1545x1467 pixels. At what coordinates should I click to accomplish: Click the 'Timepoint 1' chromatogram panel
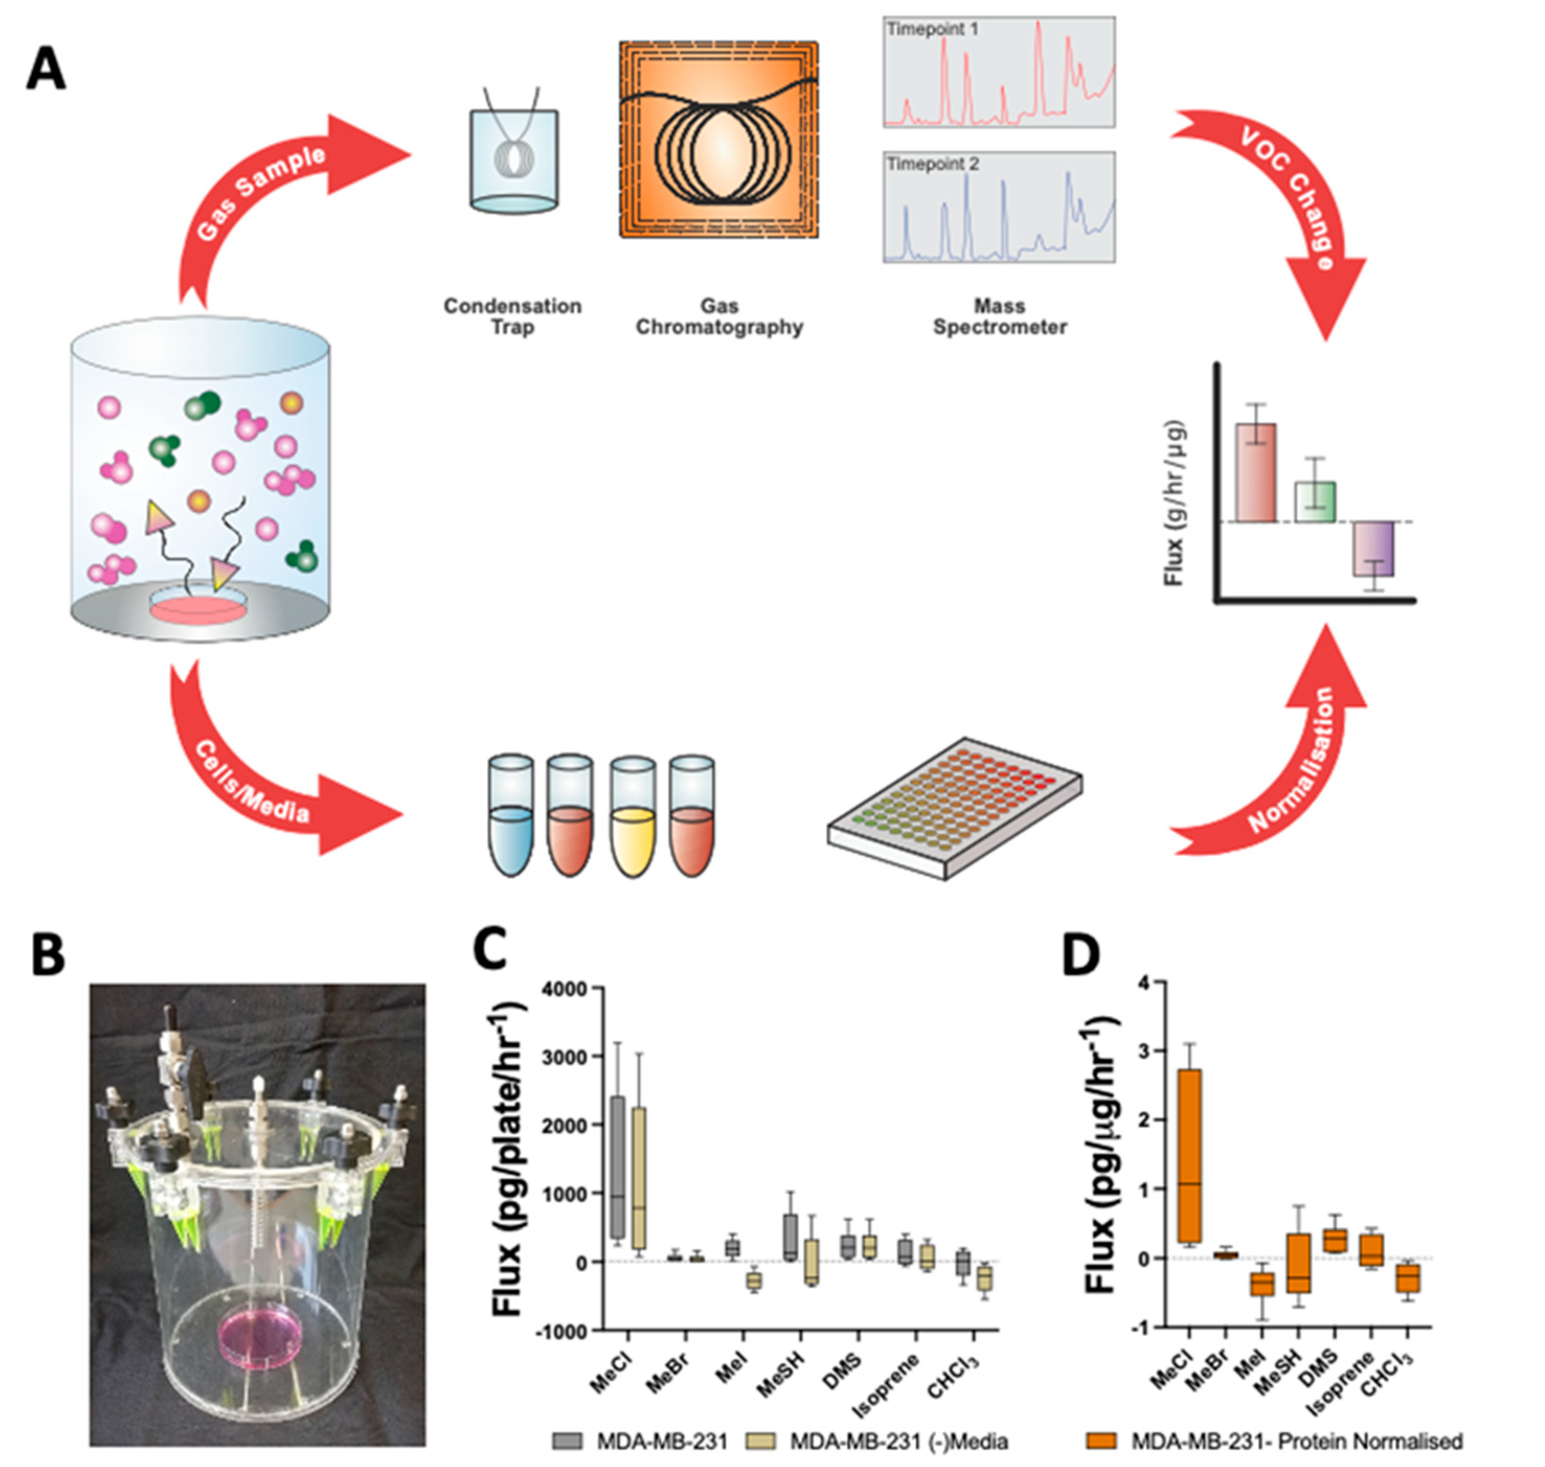point(999,72)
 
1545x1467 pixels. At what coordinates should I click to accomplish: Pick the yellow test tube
point(632,817)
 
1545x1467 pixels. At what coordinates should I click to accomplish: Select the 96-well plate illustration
point(955,809)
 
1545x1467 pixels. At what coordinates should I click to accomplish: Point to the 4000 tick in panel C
point(577,989)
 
